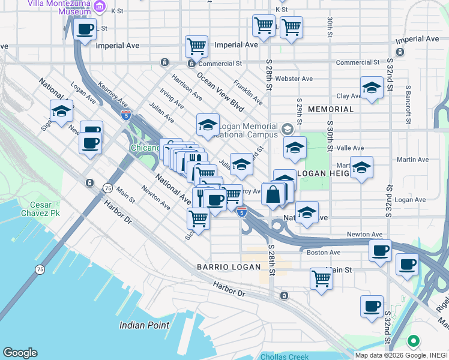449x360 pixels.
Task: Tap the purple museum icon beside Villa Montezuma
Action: point(100,8)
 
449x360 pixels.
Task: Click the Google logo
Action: point(20,353)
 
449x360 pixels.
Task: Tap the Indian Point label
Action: point(144,325)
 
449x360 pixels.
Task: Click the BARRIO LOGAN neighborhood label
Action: point(229,267)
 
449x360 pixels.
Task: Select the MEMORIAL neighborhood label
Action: point(331,110)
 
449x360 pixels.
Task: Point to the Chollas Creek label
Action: point(285,356)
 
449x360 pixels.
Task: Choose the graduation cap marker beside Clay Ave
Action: point(372,88)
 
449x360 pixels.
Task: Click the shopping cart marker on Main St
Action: point(322,278)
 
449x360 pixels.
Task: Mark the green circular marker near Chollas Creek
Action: point(413,342)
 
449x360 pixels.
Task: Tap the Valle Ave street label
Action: point(351,148)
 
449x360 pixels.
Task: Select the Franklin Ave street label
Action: point(248,92)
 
